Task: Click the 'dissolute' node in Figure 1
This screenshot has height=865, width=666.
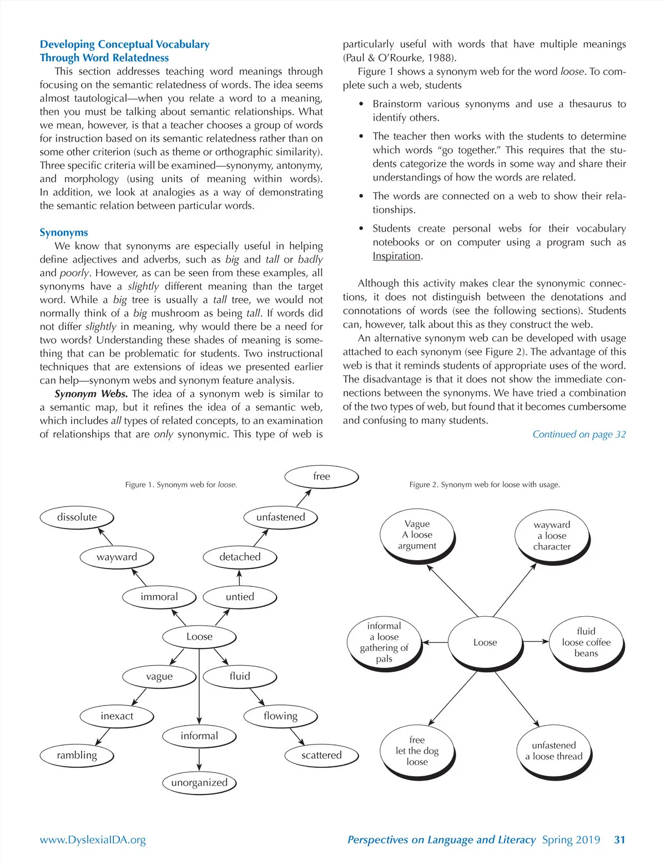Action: tap(77, 517)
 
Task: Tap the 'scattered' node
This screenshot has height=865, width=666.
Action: tap(321, 755)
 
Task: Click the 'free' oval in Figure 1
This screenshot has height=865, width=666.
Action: tap(321, 476)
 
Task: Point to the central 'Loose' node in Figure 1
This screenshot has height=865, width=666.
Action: tap(199, 636)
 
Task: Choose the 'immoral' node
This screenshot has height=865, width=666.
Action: tap(159, 597)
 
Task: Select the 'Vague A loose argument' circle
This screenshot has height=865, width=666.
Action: tap(417, 535)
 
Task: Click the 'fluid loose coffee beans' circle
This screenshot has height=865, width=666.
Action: tap(586, 642)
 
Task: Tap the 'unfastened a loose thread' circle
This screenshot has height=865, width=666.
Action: tap(553, 751)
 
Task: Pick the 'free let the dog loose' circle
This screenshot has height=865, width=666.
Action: tap(417, 751)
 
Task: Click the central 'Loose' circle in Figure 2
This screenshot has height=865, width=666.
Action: tap(485, 642)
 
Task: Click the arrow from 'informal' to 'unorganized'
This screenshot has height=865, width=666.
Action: tap(199, 759)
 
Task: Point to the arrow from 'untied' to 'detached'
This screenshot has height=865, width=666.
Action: tap(240, 578)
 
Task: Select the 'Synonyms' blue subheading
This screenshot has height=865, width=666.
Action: tap(64, 233)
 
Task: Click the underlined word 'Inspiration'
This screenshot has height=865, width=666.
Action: tap(396, 256)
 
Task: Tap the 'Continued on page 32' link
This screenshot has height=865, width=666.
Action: tap(579, 434)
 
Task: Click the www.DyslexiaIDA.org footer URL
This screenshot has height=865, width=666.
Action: tap(93, 839)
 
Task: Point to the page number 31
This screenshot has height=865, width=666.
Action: tap(619, 839)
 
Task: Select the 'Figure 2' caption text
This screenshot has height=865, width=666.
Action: tap(484, 485)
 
